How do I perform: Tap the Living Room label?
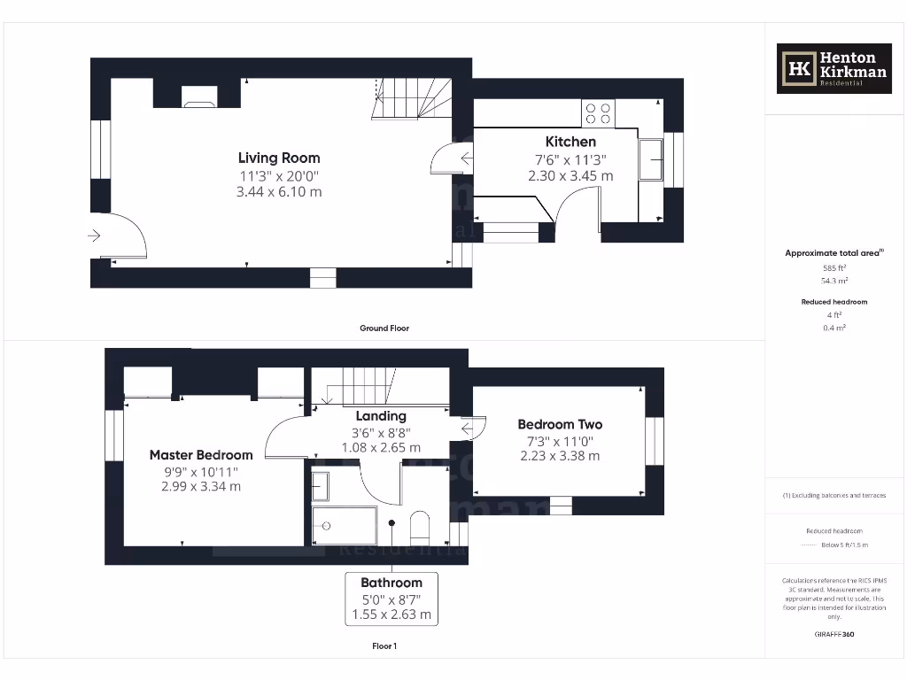(x=279, y=158)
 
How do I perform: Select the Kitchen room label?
(x=570, y=142)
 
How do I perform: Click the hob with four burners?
(x=599, y=113)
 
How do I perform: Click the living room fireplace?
(x=198, y=97)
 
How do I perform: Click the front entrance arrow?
(x=95, y=236)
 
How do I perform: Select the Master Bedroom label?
(x=201, y=455)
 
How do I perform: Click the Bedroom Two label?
(x=560, y=425)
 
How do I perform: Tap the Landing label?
(x=381, y=416)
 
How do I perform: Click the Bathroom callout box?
(x=391, y=599)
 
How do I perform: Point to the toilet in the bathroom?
(x=420, y=525)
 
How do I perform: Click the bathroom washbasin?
(x=321, y=487)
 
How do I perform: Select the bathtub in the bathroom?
(x=345, y=525)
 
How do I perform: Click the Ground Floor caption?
(x=384, y=328)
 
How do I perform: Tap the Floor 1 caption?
(x=384, y=646)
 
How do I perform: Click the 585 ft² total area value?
(x=834, y=267)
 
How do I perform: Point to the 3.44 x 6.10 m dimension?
(x=279, y=191)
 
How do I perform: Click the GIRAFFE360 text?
(x=834, y=634)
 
